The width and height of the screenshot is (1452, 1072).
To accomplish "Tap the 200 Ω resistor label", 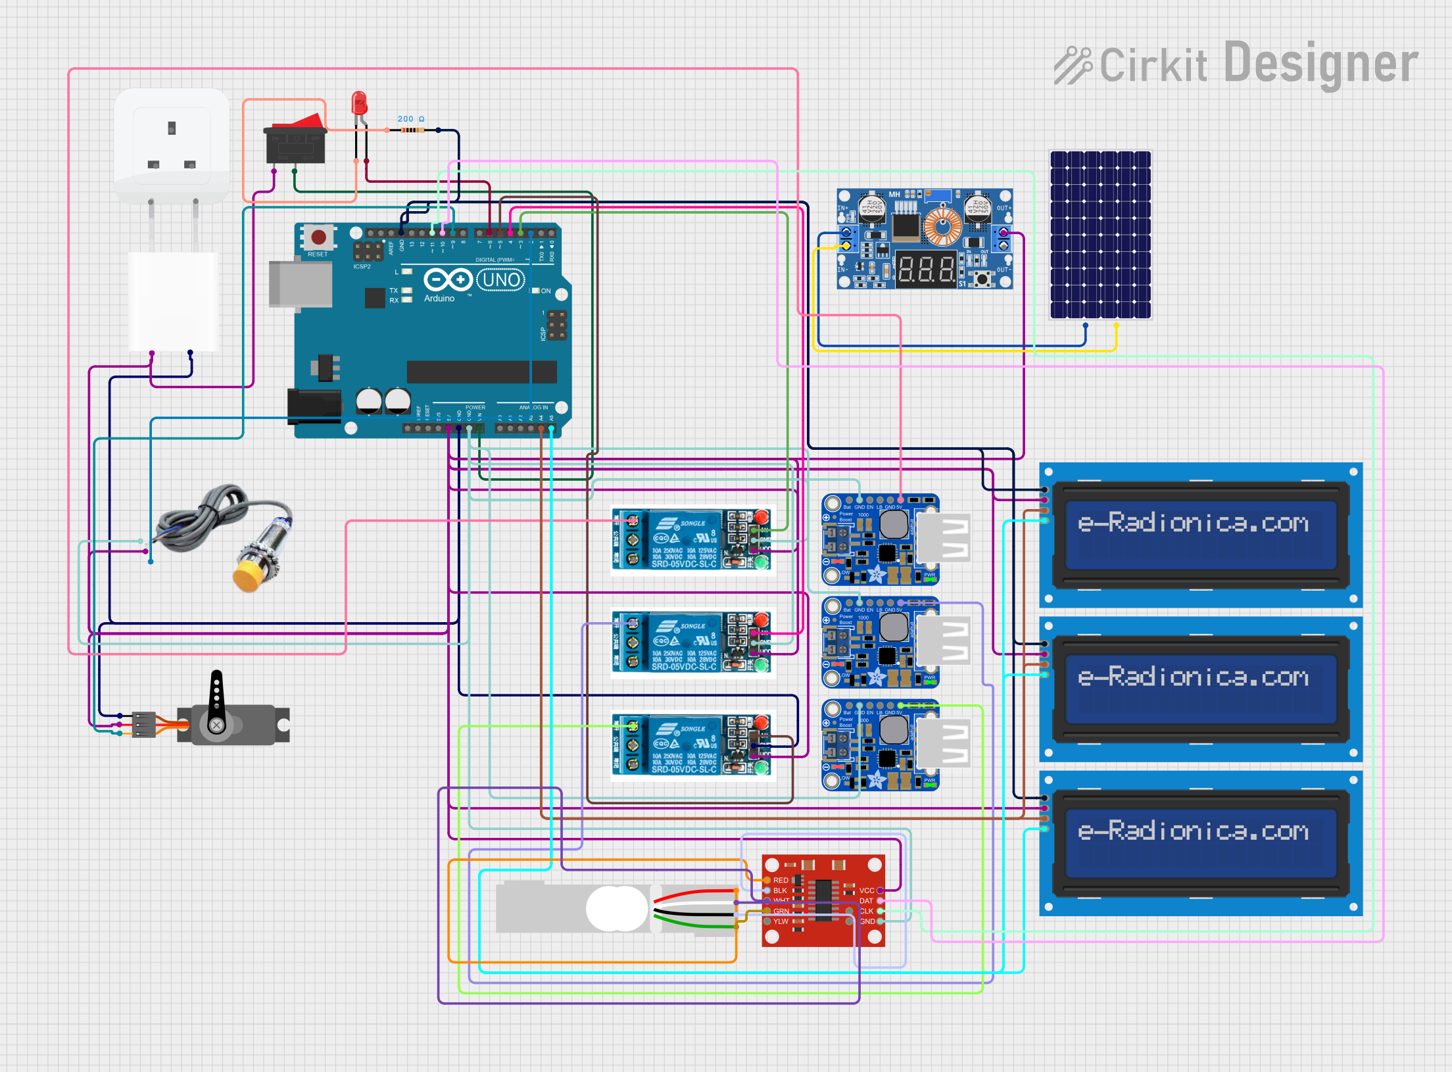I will click(x=410, y=119).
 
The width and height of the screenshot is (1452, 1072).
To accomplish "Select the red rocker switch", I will click(x=296, y=139).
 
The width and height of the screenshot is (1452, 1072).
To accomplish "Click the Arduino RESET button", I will click(x=318, y=237).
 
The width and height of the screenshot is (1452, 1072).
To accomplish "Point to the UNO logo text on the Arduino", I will click(x=501, y=280).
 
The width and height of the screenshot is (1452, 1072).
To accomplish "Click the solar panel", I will click(x=1100, y=235).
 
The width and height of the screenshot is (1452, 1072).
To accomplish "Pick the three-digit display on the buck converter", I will click(x=926, y=269).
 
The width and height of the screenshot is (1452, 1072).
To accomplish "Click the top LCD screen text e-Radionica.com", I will click(x=1193, y=524).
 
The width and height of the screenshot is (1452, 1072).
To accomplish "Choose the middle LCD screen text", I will click(x=1193, y=677).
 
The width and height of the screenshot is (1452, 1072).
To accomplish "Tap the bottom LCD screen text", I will click(x=1193, y=831).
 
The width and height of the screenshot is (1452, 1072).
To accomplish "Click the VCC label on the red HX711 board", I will click(x=867, y=890).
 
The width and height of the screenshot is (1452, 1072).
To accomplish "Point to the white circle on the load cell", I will click(x=616, y=908).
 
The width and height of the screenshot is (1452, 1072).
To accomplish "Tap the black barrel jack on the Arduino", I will click(x=314, y=406).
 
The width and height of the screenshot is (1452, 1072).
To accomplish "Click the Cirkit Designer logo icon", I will click(x=1073, y=65).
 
